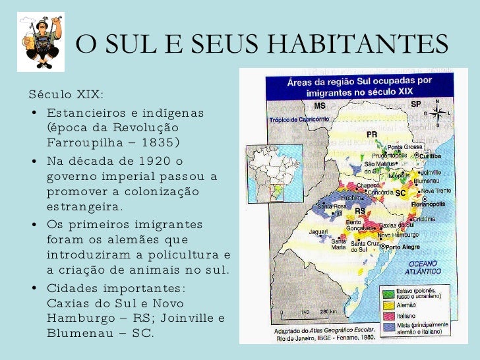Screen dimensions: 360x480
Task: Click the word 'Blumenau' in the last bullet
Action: click(x=78, y=333)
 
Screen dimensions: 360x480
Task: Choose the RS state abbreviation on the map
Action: click(x=361, y=211)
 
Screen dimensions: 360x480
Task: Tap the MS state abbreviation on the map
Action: click(x=320, y=106)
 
